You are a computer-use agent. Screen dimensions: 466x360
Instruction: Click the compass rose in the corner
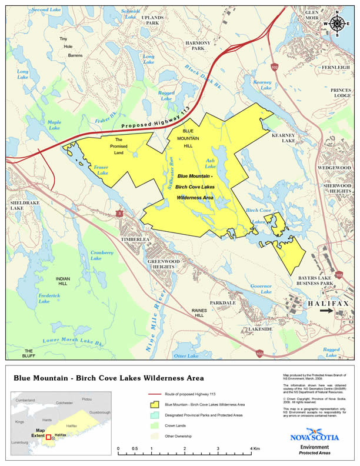[337, 24]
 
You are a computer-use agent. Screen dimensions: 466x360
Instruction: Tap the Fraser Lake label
[101, 171]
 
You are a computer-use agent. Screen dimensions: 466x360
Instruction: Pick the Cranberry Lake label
[101, 255]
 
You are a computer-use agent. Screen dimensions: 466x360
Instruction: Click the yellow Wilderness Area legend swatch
[155, 405]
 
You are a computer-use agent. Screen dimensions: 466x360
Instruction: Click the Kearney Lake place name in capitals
[283, 138]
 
